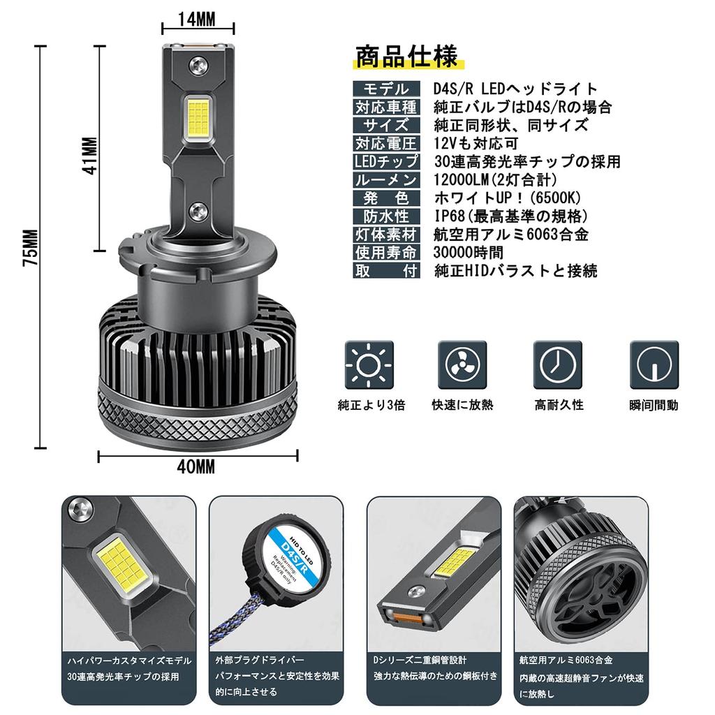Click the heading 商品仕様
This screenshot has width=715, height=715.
[x=406, y=56]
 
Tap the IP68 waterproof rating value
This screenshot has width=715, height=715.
[x=510, y=216]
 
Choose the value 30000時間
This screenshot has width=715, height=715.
[x=469, y=252]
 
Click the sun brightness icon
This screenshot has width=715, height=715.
[x=369, y=365]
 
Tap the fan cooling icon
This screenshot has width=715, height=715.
[x=462, y=365]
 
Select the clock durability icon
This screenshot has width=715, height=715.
[x=558, y=365]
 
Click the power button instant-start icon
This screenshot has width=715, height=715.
[x=654, y=365]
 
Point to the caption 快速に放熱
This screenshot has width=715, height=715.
[x=462, y=405]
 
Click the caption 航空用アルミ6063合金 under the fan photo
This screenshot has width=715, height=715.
[x=566, y=660]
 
